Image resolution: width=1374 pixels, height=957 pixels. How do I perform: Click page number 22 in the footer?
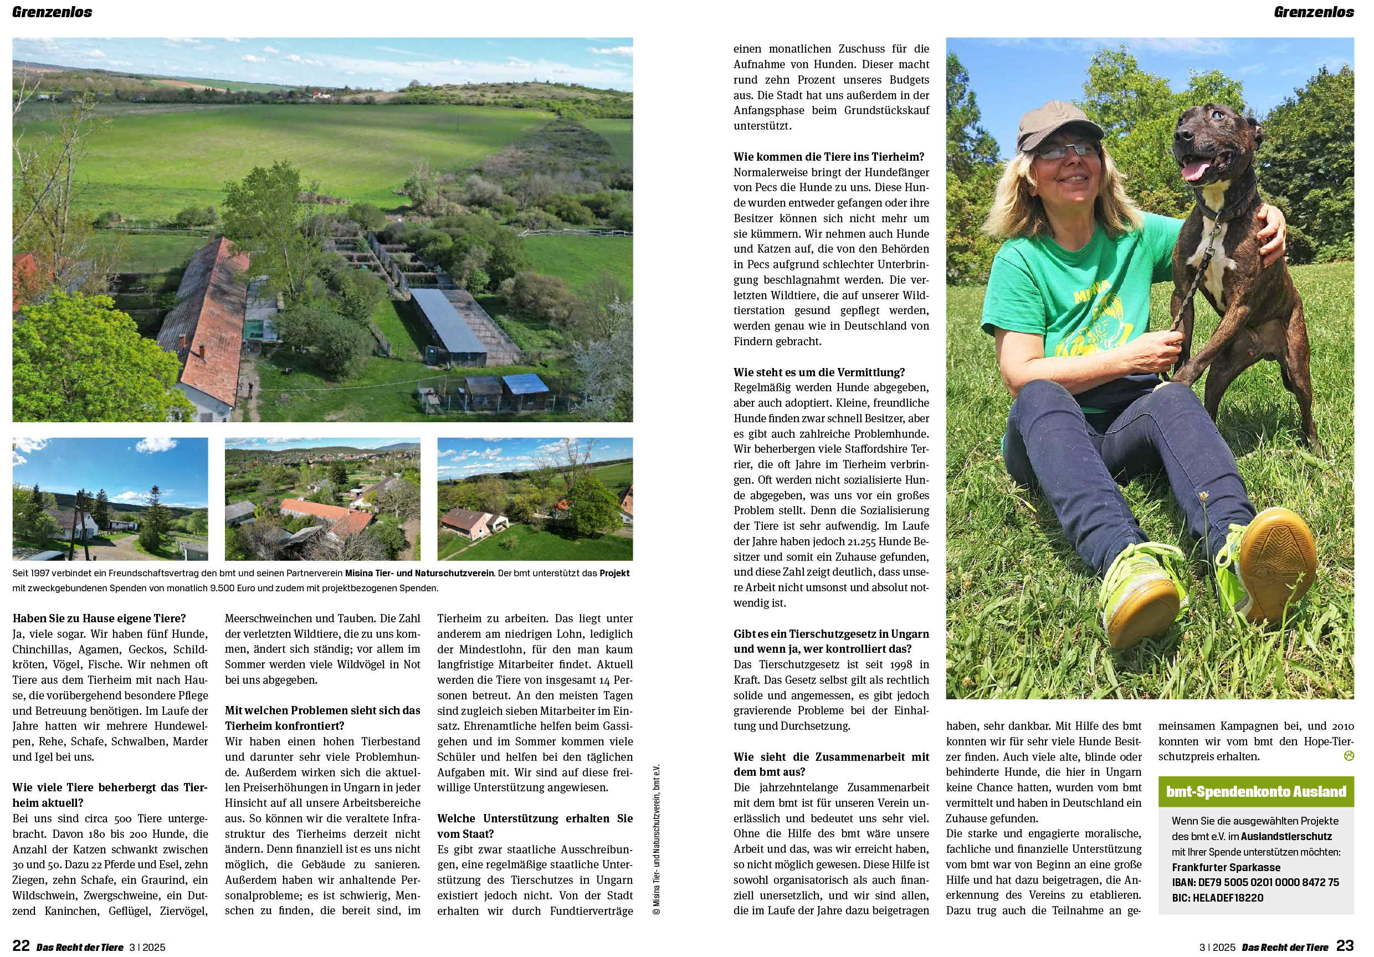pos(21,945)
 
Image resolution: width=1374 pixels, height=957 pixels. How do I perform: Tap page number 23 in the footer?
pos(1345,945)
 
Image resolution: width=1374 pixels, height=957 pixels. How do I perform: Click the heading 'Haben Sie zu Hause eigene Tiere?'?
pos(99,618)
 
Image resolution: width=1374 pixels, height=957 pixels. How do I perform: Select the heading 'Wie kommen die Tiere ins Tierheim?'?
pos(829,157)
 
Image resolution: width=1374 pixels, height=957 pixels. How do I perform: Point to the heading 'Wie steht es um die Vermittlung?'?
pos(819,372)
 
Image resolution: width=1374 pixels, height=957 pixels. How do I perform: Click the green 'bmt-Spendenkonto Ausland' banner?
pos(1255,791)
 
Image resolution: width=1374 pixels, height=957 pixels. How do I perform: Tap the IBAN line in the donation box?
pos(1255,882)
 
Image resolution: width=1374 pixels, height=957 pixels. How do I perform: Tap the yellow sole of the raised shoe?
pos(1277,562)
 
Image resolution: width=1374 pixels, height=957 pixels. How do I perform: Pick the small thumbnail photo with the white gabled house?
pos(110,499)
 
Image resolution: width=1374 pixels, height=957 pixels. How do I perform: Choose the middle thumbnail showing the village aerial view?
pos(322,499)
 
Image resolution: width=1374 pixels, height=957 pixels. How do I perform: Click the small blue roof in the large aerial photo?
pos(525,383)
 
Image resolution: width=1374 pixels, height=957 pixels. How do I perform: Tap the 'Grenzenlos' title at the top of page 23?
pos(1313,12)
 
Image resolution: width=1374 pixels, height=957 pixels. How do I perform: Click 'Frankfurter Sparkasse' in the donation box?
pos(1226,867)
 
